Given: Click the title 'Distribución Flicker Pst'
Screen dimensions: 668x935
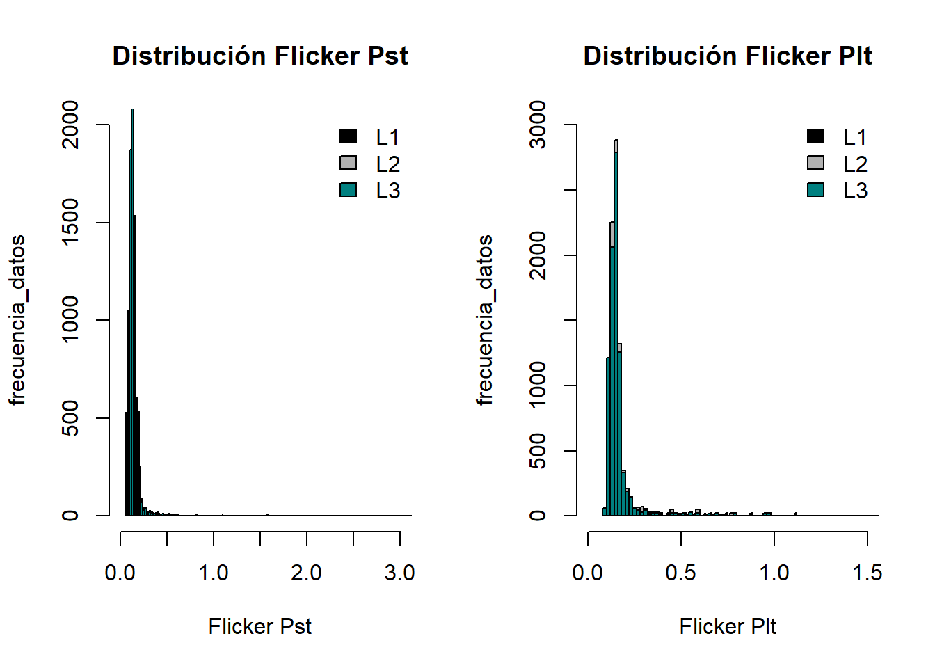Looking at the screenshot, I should [260, 56].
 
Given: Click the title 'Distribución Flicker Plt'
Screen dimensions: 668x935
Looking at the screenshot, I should [728, 56].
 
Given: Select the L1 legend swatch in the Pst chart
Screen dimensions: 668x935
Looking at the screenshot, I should [349, 136].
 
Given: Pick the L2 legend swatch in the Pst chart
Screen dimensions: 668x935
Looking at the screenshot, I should [349, 163].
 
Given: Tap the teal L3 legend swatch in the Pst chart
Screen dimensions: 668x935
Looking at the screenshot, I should [349, 189].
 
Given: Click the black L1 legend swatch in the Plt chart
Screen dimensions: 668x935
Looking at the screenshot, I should [816, 136].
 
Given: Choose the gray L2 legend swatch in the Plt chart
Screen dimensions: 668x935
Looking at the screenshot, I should [816, 163].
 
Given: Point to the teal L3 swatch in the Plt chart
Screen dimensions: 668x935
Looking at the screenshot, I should [816, 189].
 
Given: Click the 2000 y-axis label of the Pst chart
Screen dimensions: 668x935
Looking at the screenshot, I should [70, 125].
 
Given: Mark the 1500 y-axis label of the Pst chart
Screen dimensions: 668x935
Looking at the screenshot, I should [70, 223].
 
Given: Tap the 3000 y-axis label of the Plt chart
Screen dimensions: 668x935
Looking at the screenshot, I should [538, 125].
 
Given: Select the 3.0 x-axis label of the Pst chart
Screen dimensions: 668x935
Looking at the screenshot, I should [399, 573].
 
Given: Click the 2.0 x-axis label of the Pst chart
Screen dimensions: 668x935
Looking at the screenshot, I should [306, 573].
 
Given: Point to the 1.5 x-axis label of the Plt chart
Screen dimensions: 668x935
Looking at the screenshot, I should [867, 573].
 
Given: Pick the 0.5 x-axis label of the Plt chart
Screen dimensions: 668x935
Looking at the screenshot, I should [680, 573].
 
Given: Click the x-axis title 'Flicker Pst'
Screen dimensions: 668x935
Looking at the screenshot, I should [260, 626].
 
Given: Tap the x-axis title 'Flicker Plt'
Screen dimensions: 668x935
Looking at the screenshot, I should [728, 626].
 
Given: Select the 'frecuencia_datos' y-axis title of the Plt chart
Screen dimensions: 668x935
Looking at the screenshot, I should [484, 320].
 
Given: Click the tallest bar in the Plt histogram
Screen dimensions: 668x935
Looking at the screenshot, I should [616, 334].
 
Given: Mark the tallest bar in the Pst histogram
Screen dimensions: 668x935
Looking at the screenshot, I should [132, 313].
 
